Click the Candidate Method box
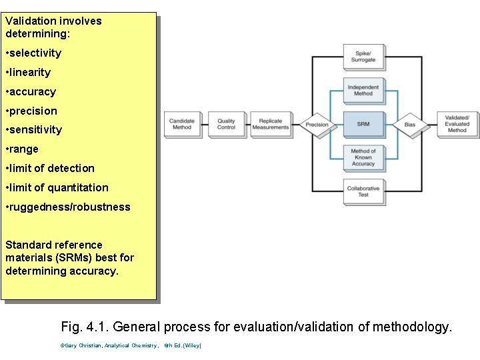click(x=182, y=124)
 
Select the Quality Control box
click(x=227, y=124)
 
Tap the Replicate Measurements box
click(x=271, y=124)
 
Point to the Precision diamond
click(x=317, y=125)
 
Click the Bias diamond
click(x=409, y=125)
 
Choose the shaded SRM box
click(x=363, y=124)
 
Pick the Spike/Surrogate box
click(x=363, y=56)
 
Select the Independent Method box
click(x=363, y=90)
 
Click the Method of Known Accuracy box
click(x=363, y=157)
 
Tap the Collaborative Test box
click(x=363, y=191)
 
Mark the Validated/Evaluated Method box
click(x=457, y=124)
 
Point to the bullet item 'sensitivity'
click(x=34, y=130)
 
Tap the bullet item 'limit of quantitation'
click(x=57, y=188)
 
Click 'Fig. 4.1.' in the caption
click(x=85, y=327)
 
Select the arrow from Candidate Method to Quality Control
click(x=204, y=125)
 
